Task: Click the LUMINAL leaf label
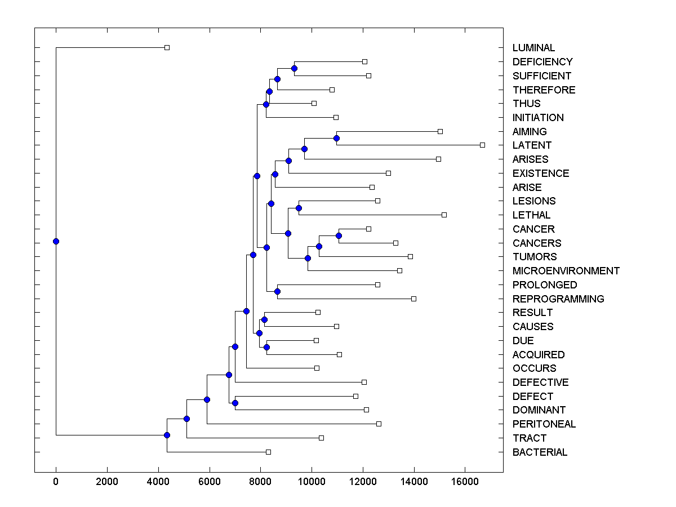[x=533, y=48]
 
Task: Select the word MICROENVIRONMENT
[x=566, y=271]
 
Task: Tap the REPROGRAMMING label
[x=558, y=299]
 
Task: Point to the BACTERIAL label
[x=540, y=452]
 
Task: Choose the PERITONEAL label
[x=544, y=424]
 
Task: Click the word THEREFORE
[x=544, y=90]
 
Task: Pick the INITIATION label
[x=537, y=118]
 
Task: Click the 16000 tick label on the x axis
[x=465, y=481]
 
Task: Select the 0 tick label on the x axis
[x=56, y=481]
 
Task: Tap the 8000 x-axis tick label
[x=260, y=481]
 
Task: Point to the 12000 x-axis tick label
[x=363, y=481]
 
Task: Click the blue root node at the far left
[x=56, y=242]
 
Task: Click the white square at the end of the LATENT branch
[x=482, y=145]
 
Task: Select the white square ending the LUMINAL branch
[x=167, y=47]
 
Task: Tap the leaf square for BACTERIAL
[x=268, y=452]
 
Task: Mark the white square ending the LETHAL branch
[x=444, y=215]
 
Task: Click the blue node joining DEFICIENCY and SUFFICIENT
[x=294, y=68]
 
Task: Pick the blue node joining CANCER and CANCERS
[x=339, y=235]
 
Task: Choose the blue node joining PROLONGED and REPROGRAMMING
[x=277, y=291]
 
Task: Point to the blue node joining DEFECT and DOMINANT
[x=235, y=403]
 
